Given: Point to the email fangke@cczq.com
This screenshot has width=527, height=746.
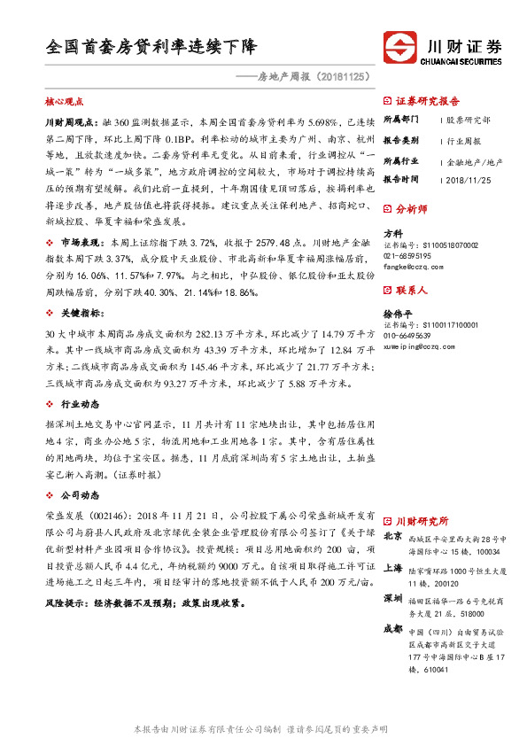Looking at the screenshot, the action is pos(414,265).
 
